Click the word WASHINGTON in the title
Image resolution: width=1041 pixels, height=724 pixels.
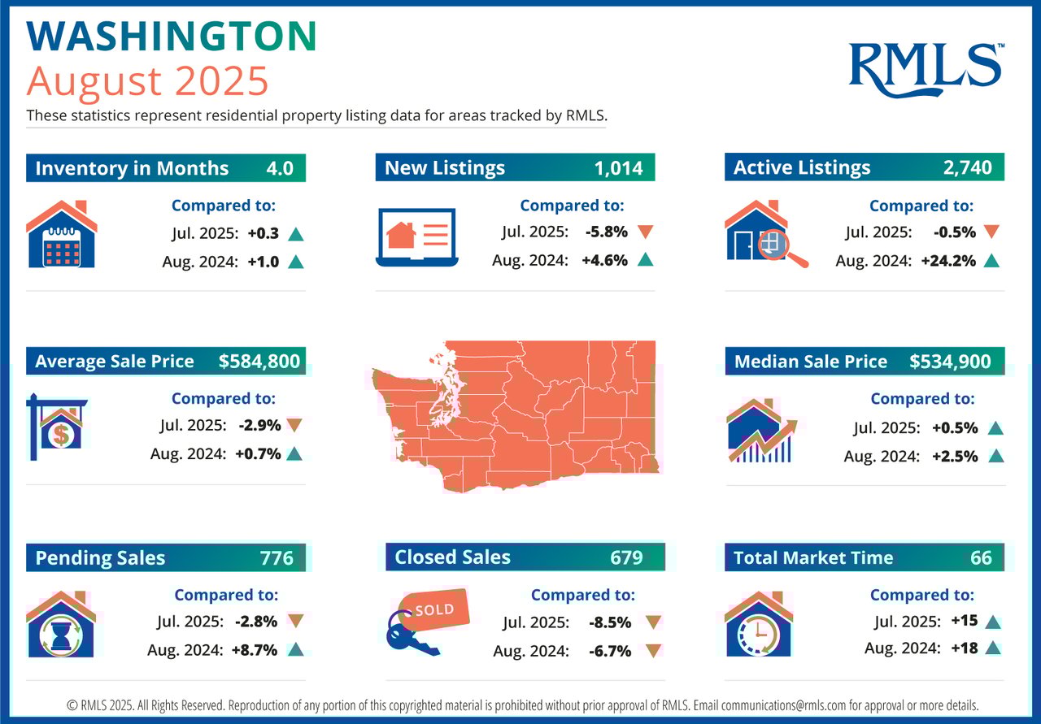[172, 37]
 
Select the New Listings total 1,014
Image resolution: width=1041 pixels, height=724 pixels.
[618, 168]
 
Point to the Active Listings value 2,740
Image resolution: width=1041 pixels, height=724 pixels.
[968, 168]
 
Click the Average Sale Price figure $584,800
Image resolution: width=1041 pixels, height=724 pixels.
[259, 362]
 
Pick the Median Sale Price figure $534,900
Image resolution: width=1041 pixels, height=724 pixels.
[950, 362]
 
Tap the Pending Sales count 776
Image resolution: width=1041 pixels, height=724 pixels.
[277, 558]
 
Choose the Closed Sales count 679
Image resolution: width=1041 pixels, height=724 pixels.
[626, 557]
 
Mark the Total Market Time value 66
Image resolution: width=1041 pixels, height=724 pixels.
[981, 557]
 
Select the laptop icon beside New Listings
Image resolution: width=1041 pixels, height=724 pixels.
[417, 236]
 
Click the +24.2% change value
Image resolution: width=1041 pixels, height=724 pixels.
[953, 261]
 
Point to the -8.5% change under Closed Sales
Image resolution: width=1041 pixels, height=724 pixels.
[608, 622]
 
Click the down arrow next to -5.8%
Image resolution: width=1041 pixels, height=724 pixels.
[646, 232]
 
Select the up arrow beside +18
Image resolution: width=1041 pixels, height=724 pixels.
[991, 649]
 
